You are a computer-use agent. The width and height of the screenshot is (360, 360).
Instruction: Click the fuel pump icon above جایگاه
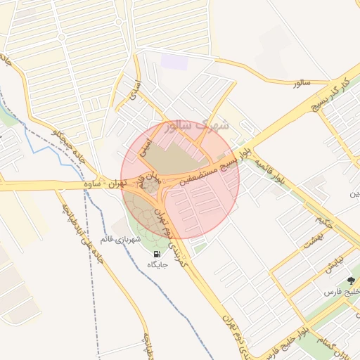tap(156, 254)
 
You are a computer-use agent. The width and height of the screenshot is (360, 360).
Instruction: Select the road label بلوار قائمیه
tap(271, 172)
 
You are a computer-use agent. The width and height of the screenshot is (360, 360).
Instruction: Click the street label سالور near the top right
tap(301, 83)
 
